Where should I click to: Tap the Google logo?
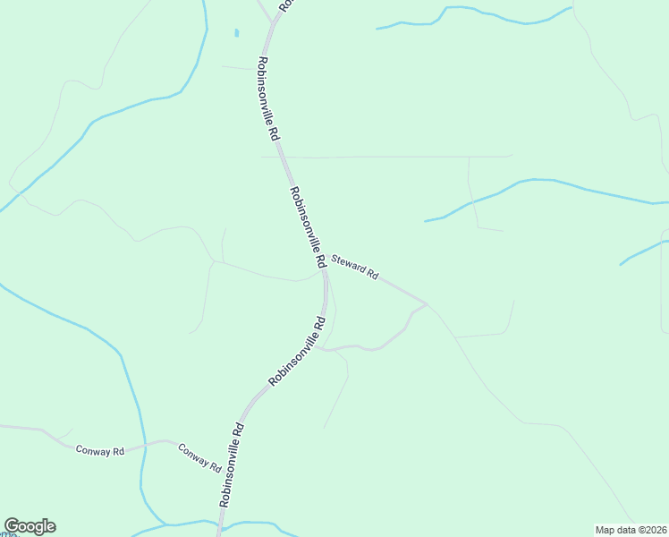30,526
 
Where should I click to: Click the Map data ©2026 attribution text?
631,530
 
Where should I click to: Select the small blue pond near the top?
236,33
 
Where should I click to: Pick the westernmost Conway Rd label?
99,451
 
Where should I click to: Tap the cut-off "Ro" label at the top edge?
284,5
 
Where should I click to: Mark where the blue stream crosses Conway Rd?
140,447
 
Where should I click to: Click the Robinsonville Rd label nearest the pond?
268,98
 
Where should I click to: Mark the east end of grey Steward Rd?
426,303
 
